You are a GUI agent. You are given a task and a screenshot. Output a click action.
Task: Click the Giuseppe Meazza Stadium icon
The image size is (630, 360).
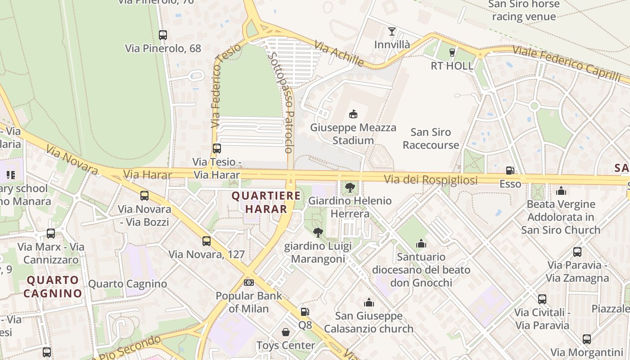[x=353, y=114]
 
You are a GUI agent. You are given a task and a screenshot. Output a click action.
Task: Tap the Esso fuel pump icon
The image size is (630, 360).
[x=510, y=171]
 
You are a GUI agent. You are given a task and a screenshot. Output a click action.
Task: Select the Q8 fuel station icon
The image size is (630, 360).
[x=305, y=311]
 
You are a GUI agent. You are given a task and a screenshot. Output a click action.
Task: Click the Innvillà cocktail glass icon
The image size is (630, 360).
[x=392, y=31]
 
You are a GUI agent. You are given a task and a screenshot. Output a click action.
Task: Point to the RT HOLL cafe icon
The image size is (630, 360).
[x=452, y=52]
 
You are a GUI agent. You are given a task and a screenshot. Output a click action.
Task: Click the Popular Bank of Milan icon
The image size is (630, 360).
[x=248, y=282]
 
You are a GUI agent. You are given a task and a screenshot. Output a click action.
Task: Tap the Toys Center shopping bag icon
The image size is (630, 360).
[x=285, y=332]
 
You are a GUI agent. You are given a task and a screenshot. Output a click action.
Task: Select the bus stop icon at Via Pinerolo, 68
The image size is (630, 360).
[x=163, y=35]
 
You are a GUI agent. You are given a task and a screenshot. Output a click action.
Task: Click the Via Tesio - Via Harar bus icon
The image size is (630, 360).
[x=217, y=148]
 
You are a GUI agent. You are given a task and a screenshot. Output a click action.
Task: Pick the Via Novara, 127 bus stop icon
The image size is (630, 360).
[x=206, y=241]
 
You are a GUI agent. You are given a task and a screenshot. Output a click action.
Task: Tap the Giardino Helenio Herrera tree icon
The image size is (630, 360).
[x=350, y=187]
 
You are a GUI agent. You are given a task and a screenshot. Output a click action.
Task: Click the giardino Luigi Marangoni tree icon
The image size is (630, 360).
[x=318, y=232]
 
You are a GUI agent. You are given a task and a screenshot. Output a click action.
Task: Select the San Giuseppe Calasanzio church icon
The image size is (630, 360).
[x=369, y=302]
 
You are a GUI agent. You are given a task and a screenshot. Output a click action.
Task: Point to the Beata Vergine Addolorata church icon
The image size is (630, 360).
[x=561, y=191]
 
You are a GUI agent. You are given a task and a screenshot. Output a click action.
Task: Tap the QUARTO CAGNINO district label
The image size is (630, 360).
[x=53, y=287]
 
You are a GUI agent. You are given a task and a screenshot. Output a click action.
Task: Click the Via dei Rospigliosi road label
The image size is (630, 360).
[x=430, y=180]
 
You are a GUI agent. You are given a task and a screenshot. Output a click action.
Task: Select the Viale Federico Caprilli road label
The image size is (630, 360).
[x=566, y=63]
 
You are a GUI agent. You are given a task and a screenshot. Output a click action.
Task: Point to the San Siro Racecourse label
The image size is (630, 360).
[x=431, y=138]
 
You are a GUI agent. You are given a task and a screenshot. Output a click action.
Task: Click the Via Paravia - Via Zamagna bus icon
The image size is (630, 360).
[x=577, y=252]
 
